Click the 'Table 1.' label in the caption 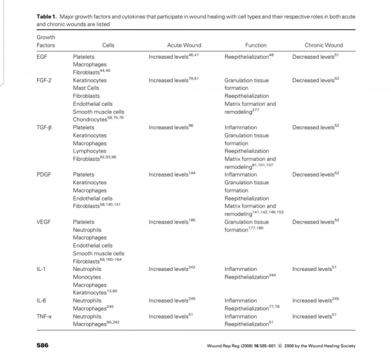point(48,17)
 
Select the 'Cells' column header point(108,45)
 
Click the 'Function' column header point(255,45)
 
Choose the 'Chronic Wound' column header point(324,45)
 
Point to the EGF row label point(42,57)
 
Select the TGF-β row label point(44,128)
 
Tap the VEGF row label point(44,222)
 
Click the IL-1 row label point(41,269)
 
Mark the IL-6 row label point(41,301)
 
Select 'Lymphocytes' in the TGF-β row point(90,151)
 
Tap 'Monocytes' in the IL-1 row point(86,277)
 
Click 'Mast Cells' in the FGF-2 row point(86,88)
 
